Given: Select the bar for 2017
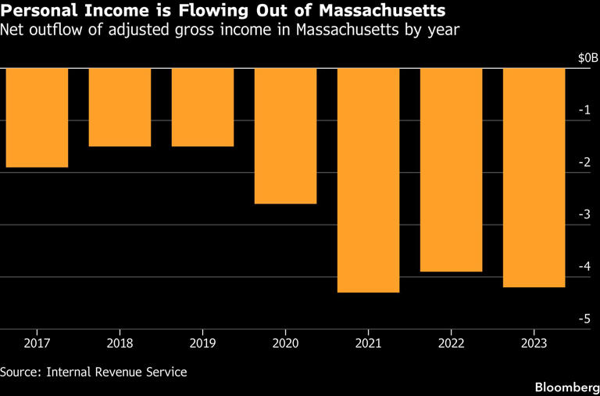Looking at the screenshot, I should (37, 117).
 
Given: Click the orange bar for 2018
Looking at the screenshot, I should (120, 107).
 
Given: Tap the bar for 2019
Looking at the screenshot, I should (202, 107).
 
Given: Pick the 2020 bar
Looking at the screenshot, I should (285, 136).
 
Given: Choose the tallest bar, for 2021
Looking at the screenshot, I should (368, 180).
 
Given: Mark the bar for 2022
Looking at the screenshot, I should (451, 170).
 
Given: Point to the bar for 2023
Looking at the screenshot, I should (534, 178).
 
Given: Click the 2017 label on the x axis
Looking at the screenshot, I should (37, 343).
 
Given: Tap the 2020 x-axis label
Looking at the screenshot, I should (285, 343).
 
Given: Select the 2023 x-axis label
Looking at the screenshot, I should (534, 343).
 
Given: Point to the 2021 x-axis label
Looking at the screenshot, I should (368, 343).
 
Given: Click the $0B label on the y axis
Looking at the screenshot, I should (587, 58).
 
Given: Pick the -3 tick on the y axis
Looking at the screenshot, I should (584, 214).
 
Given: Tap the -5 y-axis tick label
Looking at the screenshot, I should (584, 319).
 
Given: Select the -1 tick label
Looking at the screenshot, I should (584, 110).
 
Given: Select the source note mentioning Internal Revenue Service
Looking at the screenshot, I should (94, 372).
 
